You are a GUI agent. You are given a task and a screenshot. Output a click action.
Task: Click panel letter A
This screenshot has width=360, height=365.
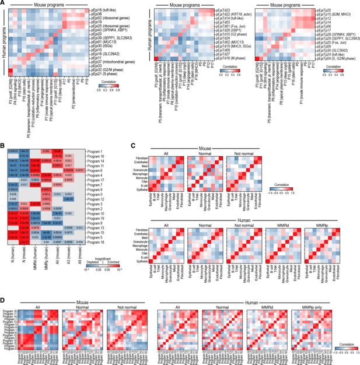pos(4,3)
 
